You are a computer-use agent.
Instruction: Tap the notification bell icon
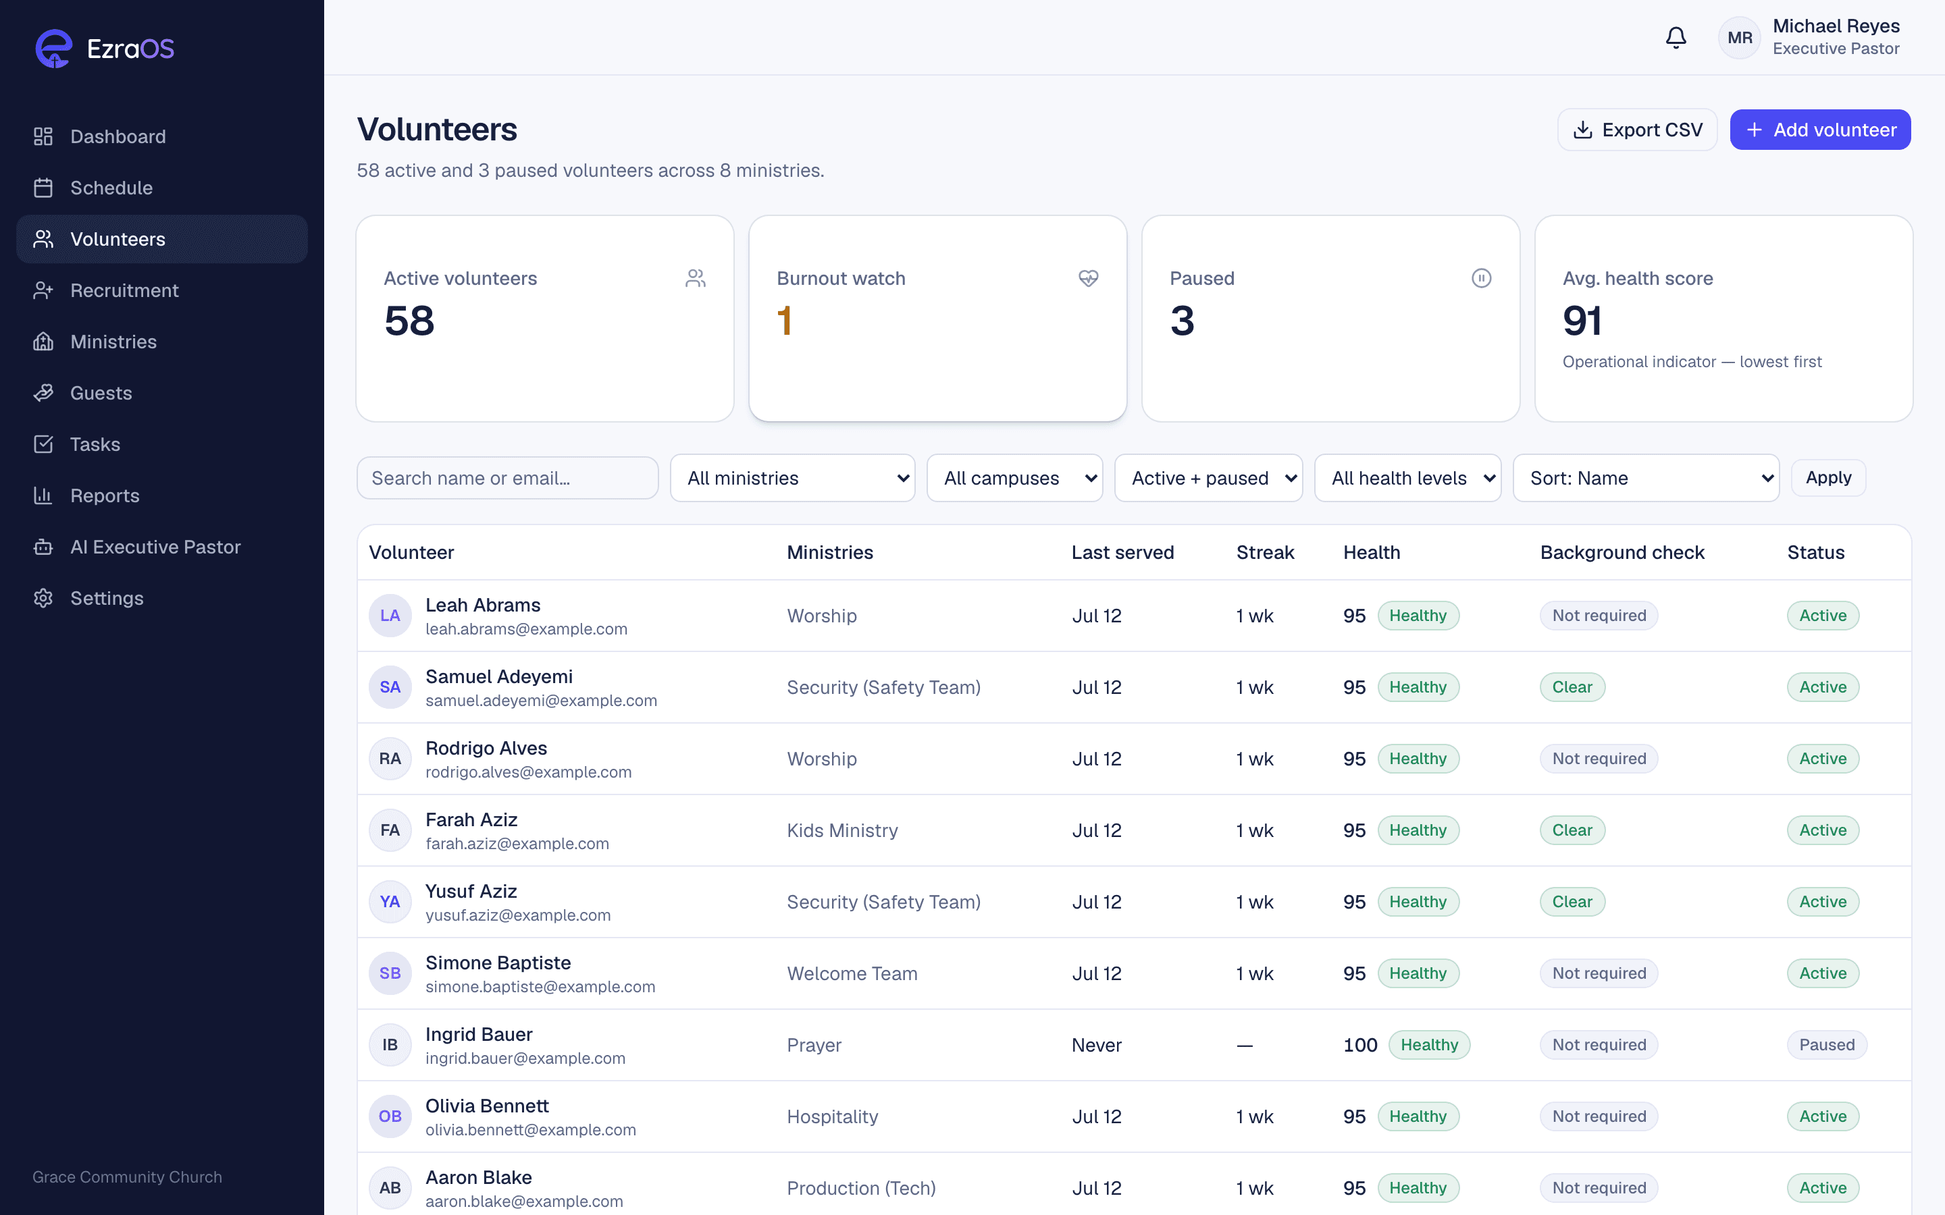pos(1676,38)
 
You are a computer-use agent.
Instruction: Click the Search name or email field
pos(507,478)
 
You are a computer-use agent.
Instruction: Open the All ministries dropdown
pos(792,478)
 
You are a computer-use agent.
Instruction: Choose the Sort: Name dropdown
pos(1646,478)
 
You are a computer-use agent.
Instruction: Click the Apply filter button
pos(1828,477)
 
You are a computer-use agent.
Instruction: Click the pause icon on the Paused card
pos(1481,278)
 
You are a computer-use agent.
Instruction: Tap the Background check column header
pos(1622,552)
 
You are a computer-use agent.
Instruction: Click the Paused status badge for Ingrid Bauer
pos(1827,1045)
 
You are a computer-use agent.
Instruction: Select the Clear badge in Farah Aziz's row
pos(1572,830)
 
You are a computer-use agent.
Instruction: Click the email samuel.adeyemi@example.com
pos(541,701)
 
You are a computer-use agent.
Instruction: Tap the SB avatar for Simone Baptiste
pos(390,973)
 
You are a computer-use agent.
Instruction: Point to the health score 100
pos(1360,1045)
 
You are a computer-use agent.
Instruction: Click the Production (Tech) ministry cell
pos(861,1188)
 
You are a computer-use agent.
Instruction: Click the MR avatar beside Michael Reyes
pos(1739,38)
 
